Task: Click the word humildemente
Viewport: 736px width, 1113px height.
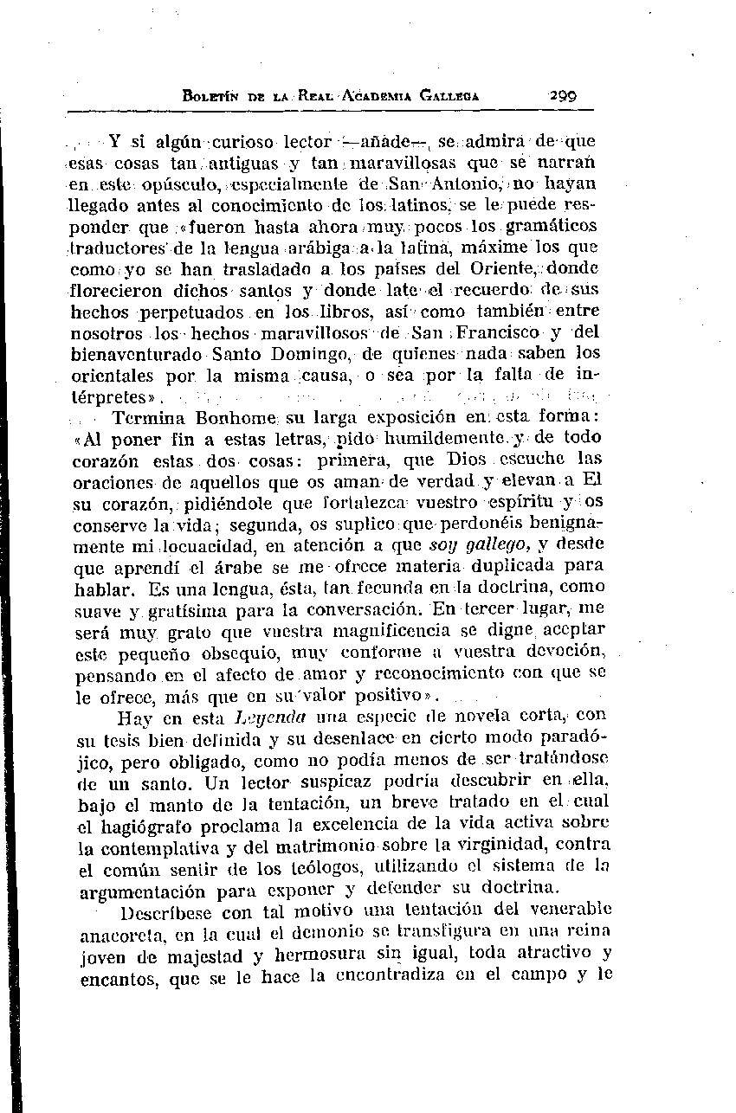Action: (x=416, y=440)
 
